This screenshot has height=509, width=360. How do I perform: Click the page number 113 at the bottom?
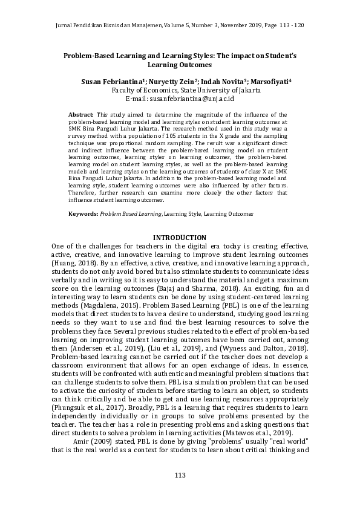tap(180, 476)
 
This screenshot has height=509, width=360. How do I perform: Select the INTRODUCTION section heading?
tap(180, 237)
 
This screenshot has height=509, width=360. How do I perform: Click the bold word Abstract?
tap(80, 114)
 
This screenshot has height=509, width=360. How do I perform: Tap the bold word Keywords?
tap(83, 214)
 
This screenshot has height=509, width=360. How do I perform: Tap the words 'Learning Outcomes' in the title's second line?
tap(180, 63)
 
